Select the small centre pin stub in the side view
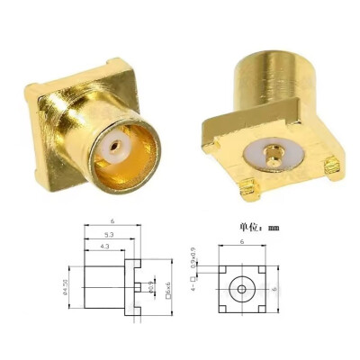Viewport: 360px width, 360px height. click(141, 287)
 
